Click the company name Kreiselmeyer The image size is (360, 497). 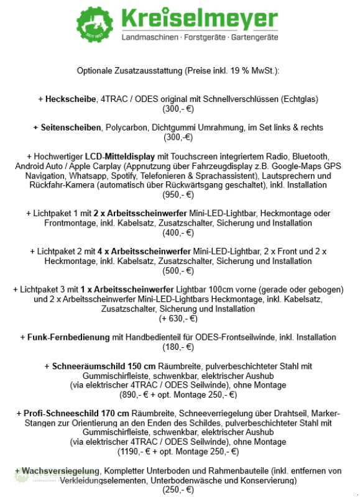click(x=199, y=19)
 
